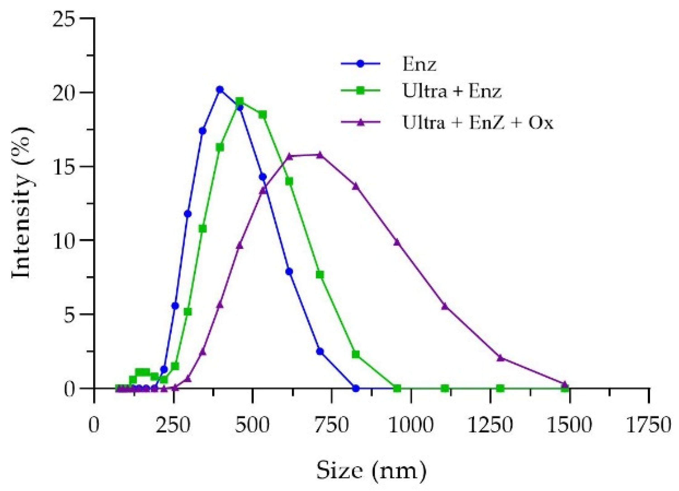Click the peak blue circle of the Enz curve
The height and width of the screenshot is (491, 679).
pyautogui.click(x=220, y=90)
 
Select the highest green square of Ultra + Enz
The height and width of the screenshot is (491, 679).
pyautogui.click(x=240, y=101)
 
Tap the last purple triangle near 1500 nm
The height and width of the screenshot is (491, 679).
pyautogui.click(x=565, y=385)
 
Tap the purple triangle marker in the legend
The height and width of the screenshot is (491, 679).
pyautogui.click(x=361, y=122)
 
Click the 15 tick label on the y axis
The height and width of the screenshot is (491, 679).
pyautogui.click(x=67, y=167)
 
